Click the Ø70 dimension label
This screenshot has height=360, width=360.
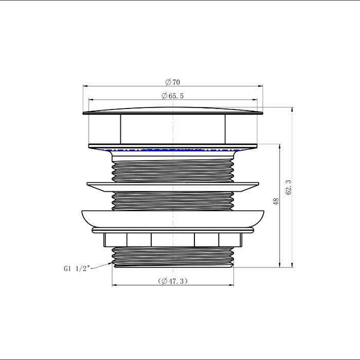coord(173,82)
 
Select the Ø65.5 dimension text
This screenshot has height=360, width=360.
coord(173,96)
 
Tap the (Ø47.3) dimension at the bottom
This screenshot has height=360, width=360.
coord(173,281)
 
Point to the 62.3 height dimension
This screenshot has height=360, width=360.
coord(289,187)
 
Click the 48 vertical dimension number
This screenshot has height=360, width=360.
coord(276,202)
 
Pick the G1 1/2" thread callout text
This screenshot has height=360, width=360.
coord(77,268)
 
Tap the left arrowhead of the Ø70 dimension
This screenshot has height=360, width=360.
coord(85,86)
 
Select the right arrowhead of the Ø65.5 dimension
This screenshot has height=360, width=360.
coord(255,100)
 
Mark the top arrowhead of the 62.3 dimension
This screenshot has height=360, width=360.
coord(292,110)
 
